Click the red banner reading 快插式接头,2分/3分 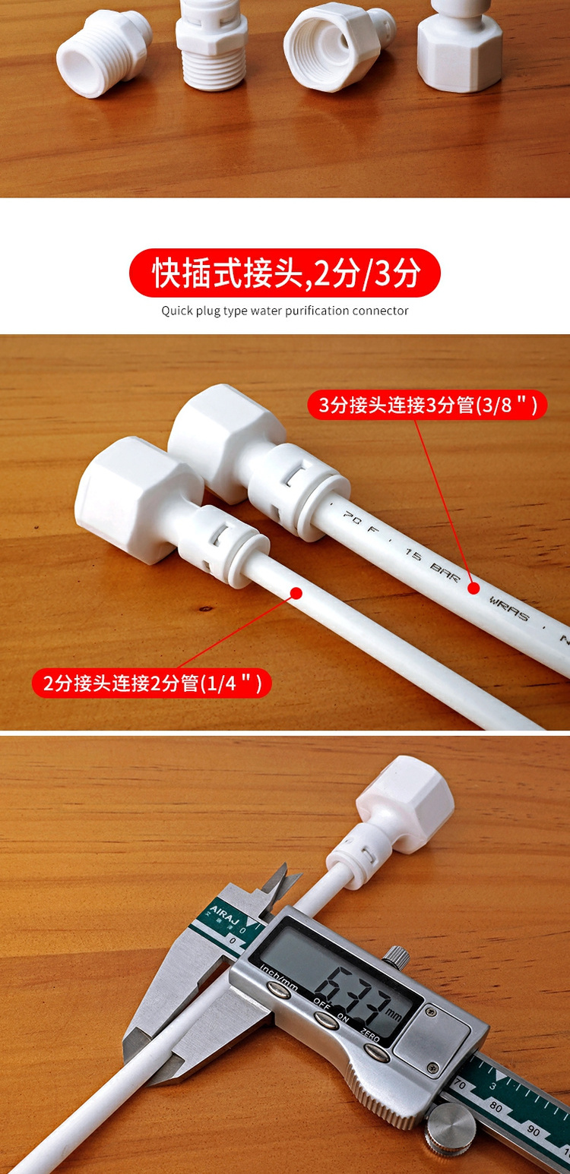tap(285, 273)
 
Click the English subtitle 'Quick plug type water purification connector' tap(285, 311)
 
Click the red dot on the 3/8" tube tap(473, 587)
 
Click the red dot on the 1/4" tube tap(296, 593)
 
